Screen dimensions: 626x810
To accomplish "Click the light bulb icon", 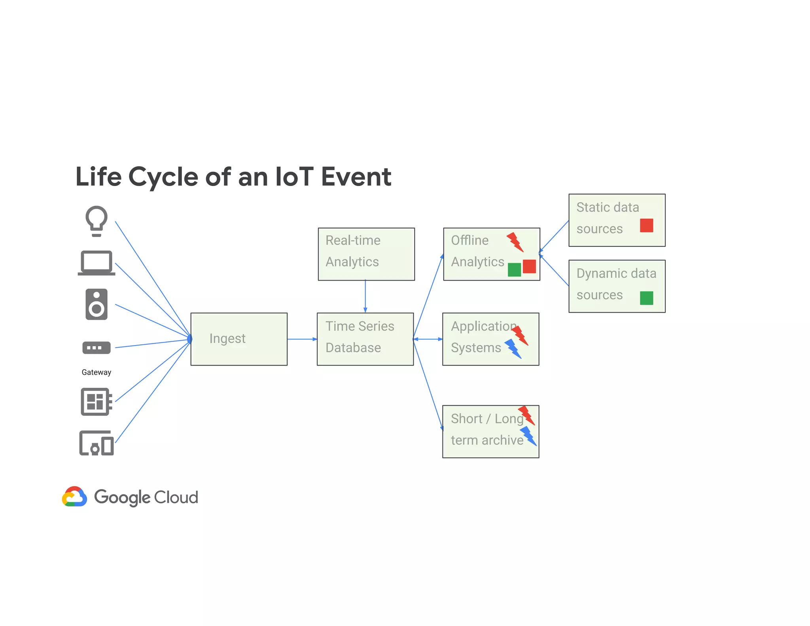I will pos(97,220).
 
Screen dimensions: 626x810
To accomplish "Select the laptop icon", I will pos(97,263).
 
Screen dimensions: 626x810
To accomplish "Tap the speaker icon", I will pos(97,304).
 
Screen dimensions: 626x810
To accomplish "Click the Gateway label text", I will pos(97,372).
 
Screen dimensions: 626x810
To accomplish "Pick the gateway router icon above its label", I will pos(97,348).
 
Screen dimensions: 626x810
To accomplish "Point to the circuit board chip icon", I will pos(96,402).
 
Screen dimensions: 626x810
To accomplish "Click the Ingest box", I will pos(239,339).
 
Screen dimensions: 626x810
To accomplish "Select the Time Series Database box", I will pos(365,339).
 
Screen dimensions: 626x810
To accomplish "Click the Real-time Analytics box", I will pos(366,254).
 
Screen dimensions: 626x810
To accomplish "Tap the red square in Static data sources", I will pos(646,226).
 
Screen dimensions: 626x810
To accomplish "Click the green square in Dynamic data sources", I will pos(646,298).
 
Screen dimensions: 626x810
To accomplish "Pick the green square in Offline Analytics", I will pos(514,270).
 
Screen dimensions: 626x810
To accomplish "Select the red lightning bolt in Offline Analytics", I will pos(515,242).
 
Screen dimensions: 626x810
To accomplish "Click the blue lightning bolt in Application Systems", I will pos(513,349).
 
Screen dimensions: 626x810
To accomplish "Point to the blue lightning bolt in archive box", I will pos(528,436).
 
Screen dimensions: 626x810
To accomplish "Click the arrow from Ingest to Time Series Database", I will pos(302,339).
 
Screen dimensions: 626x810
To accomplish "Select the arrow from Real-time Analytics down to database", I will pos(365,296).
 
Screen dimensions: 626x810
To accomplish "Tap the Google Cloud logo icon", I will pos(74,497).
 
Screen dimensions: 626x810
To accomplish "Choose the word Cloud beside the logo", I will pos(176,497).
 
